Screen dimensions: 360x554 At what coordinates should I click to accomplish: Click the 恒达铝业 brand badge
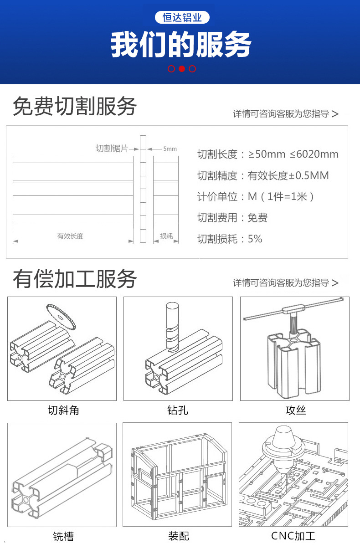pyautogui.click(x=182, y=17)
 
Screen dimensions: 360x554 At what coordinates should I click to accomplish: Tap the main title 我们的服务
pyautogui.click(x=181, y=45)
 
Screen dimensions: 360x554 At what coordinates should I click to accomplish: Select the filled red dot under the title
pyautogui.click(x=181, y=69)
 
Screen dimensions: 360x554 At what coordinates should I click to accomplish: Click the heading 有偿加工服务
pyautogui.click(x=75, y=278)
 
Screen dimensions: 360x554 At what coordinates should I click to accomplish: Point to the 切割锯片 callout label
pyautogui.click(x=112, y=149)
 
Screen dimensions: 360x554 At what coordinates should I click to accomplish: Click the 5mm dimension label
pyautogui.click(x=170, y=149)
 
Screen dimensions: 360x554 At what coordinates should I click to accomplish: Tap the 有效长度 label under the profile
pyautogui.click(x=70, y=236)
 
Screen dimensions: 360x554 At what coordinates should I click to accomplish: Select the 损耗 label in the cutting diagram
pyautogui.click(x=166, y=236)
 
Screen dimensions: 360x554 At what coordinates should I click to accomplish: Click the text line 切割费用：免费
pyautogui.click(x=232, y=218)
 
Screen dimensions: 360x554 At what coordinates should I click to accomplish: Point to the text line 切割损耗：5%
pyautogui.click(x=230, y=239)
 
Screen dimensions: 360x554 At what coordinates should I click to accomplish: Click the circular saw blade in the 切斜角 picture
pyautogui.click(x=62, y=315)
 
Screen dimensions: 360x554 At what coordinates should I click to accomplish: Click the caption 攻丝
pyautogui.click(x=295, y=410)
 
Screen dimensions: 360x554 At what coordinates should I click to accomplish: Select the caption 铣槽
pyautogui.click(x=63, y=536)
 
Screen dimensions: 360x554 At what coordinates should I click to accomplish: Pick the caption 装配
pyautogui.click(x=178, y=536)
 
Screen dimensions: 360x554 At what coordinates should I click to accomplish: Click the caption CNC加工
pyautogui.click(x=293, y=536)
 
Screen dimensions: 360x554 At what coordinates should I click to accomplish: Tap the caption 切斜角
pyautogui.click(x=63, y=410)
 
